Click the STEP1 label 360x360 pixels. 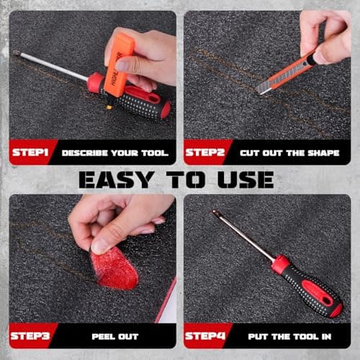pyautogui.click(x=30, y=153)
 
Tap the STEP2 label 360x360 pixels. pyautogui.click(x=205, y=153)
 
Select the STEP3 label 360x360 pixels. pyautogui.click(x=30, y=336)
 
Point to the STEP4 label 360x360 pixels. pyautogui.click(x=205, y=336)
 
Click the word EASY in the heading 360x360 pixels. pyautogui.click(x=117, y=180)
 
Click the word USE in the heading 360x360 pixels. pyautogui.click(x=246, y=180)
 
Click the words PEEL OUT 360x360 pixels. pyautogui.click(x=115, y=337)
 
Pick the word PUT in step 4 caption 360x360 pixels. pyautogui.click(x=258, y=337)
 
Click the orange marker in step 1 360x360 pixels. pyautogui.click(x=120, y=65)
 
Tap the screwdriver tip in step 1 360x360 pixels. pyautogui.click(x=17, y=53)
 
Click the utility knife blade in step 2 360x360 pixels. pyautogui.click(x=264, y=87)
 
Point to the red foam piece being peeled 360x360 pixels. pyautogui.click(x=114, y=269)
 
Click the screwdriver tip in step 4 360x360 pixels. pyautogui.click(x=215, y=212)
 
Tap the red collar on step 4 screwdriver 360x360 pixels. pyautogui.click(x=280, y=263)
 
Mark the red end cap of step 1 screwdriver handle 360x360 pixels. pyautogui.click(x=166, y=109)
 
